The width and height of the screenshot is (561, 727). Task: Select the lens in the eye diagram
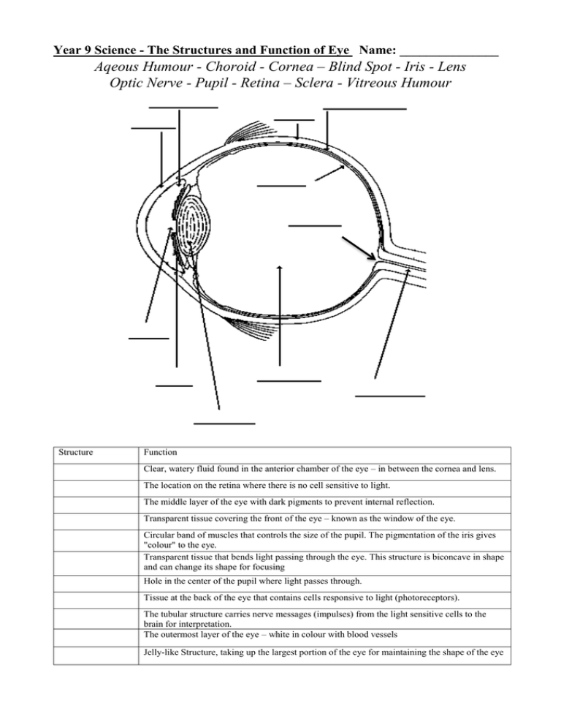195,226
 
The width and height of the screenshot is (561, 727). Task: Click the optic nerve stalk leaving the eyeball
409,259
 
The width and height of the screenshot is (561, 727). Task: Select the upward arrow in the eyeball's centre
280,314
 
